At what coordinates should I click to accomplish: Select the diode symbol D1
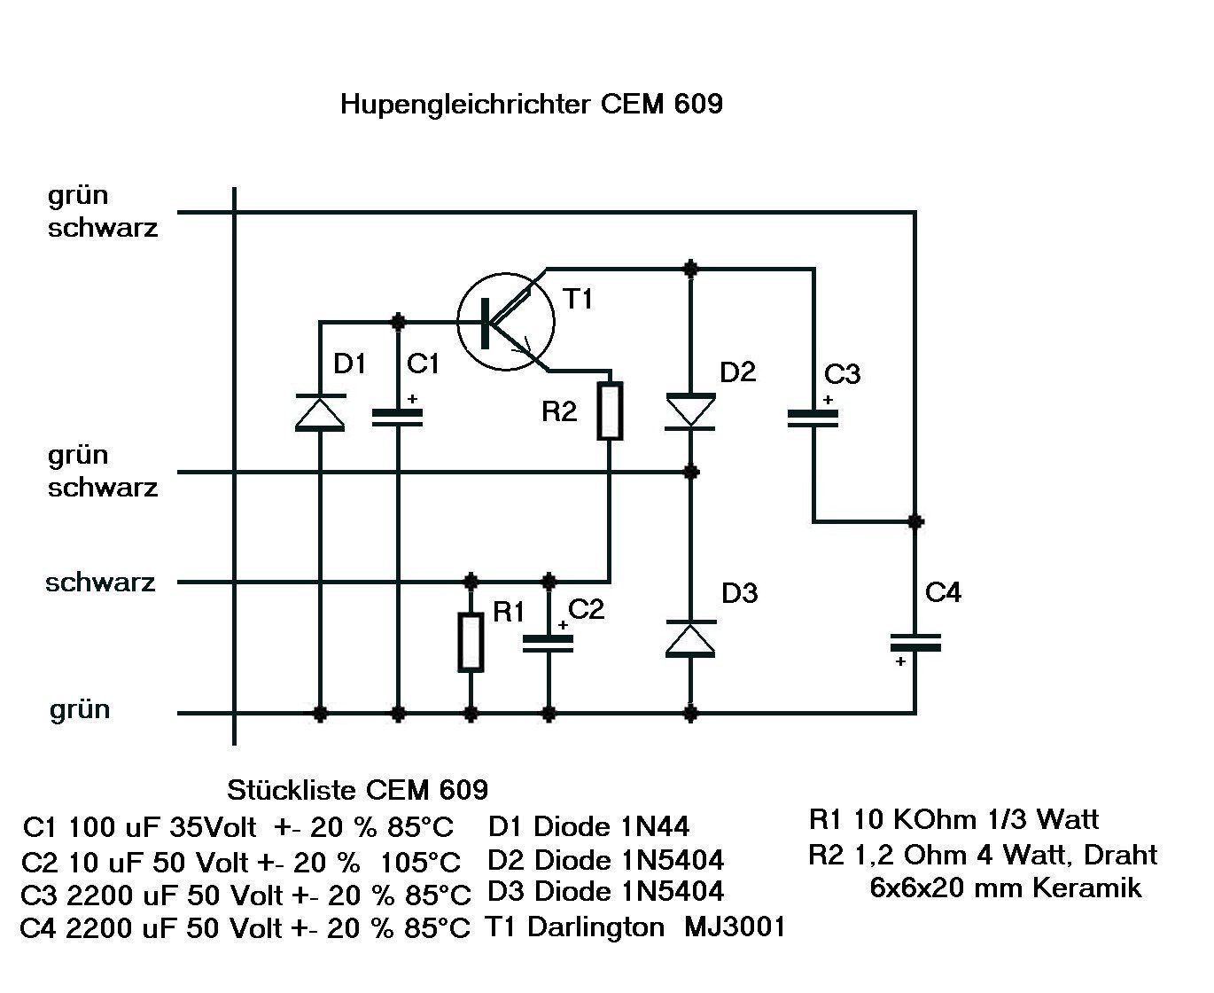coord(320,412)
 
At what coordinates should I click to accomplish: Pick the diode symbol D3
coord(690,638)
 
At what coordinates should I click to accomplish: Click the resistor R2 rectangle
coord(610,410)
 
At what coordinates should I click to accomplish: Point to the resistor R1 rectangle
coord(471,642)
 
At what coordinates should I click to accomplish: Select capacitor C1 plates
coord(398,417)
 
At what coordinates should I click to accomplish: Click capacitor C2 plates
coord(549,644)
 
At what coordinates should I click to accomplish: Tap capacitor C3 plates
coord(813,418)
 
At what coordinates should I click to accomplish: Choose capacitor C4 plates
coord(915,642)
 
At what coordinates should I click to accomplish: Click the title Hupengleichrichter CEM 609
coord(531,104)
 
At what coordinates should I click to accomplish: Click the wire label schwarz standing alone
coord(100,583)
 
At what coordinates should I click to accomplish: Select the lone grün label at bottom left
coord(80,709)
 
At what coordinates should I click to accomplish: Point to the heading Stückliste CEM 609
coord(357,789)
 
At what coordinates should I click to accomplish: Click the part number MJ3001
coord(735,927)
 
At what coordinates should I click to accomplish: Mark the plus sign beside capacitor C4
coord(900,661)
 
